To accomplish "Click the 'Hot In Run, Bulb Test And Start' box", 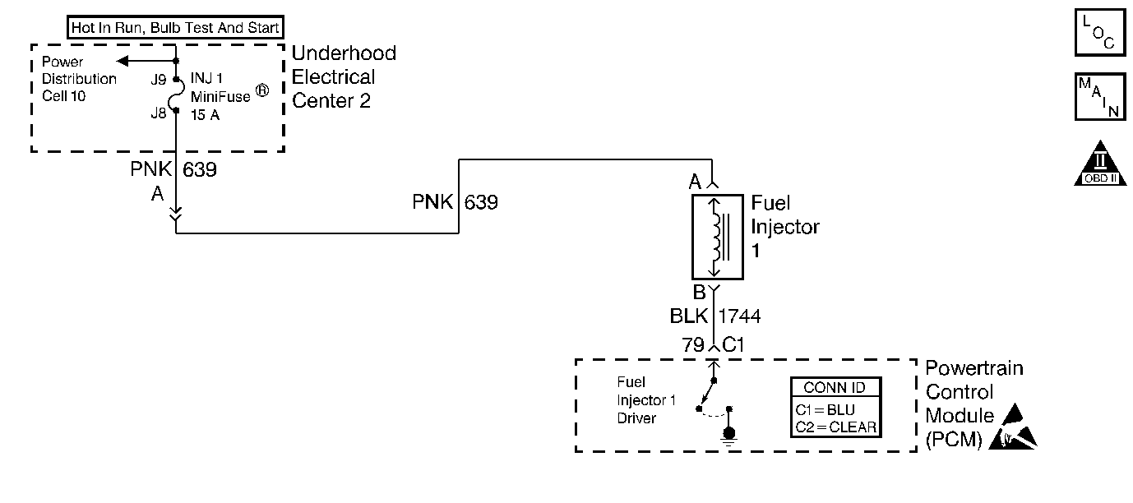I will tap(175, 26).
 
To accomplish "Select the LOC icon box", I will tap(1099, 32).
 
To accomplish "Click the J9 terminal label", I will tap(159, 81).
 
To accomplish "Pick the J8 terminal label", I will tap(159, 114).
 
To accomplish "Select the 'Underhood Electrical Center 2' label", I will tap(344, 77).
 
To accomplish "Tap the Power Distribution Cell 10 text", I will tap(79, 79).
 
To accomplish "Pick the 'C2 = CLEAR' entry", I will tap(836, 427).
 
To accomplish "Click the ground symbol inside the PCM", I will tap(728, 434).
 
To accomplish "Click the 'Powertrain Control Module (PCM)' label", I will tap(974, 403).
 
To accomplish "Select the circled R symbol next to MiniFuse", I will tap(261, 92).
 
